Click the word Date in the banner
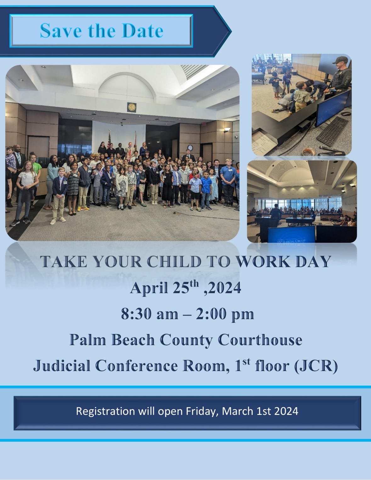tap(143, 31)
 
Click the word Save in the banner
tap(61, 31)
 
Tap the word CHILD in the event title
tap(174, 262)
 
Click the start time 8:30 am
tap(149, 314)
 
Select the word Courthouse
tap(260, 340)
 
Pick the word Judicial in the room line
tap(62, 366)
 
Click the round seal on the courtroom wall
tap(132, 107)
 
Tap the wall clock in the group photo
tap(190, 148)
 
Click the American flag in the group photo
tap(109, 140)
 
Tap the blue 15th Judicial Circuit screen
tap(291, 235)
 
